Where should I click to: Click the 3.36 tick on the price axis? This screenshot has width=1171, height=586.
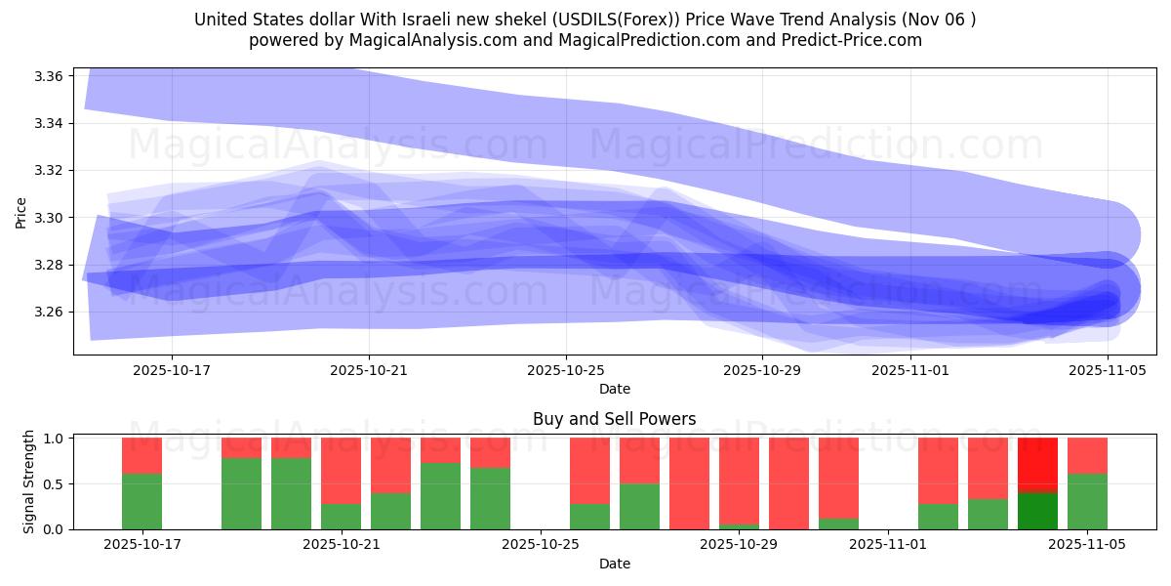[50, 76]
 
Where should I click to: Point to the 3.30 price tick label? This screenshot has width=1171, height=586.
[50, 218]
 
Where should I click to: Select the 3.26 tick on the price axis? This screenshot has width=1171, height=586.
[50, 313]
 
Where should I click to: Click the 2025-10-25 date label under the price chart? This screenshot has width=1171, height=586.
[566, 371]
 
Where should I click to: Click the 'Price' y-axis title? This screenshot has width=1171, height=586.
[20, 211]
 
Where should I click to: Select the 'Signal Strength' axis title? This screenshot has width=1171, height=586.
[29, 481]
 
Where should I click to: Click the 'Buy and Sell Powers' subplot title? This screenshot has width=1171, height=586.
[614, 419]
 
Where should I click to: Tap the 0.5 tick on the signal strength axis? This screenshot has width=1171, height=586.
[54, 484]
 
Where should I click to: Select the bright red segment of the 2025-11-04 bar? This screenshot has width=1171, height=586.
[1037, 465]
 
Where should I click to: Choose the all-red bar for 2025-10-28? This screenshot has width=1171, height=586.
[689, 483]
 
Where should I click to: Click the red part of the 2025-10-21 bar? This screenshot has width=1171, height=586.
[341, 471]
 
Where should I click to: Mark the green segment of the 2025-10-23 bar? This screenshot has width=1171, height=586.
[440, 496]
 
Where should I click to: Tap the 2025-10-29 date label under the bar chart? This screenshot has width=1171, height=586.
[740, 545]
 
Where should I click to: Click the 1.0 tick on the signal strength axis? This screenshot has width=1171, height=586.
[54, 439]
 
